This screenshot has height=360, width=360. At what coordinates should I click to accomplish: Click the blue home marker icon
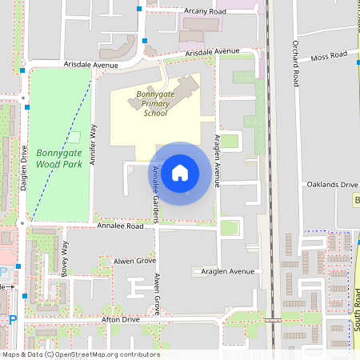(x=180, y=172)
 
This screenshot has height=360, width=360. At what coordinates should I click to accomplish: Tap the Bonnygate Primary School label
(x=155, y=103)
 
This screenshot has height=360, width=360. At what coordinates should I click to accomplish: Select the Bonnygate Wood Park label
(x=59, y=158)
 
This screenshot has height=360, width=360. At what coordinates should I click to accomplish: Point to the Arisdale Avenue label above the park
(x=91, y=65)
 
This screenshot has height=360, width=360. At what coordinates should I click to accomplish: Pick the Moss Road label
(x=330, y=57)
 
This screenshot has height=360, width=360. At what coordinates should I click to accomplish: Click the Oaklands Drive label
(x=331, y=185)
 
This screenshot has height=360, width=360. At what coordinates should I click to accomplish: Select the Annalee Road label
(x=120, y=226)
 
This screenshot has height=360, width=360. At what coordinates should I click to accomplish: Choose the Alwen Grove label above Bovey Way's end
(x=134, y=261)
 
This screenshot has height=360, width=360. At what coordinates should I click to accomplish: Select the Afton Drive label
(x=120, y=319)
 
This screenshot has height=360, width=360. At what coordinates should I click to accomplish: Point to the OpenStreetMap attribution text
(x=81, y=354)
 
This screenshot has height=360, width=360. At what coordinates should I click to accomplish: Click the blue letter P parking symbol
(x=12, y=320)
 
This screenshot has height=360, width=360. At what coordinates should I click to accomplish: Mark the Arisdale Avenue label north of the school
(x=213, y=52)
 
